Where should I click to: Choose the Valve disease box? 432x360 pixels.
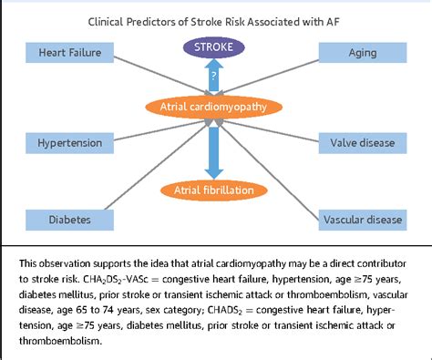point(362,143)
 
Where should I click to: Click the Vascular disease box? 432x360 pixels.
point(362,219)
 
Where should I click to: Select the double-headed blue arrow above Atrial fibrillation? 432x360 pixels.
point(215,150)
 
